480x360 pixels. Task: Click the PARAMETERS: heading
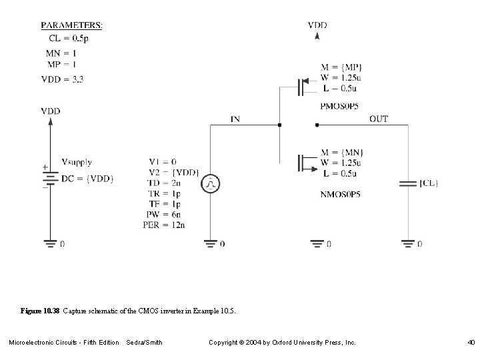pos(71,25)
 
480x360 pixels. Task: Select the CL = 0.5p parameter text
pos(67,39)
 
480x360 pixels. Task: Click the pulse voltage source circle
pos(210,183)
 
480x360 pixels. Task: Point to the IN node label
pos(236,119)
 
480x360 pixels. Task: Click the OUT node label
pos(378,119)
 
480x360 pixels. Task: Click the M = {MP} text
pos(341,67)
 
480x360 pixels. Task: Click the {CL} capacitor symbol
pos(406,182)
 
